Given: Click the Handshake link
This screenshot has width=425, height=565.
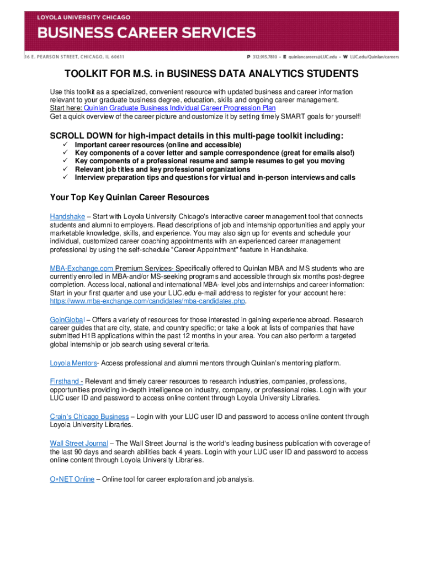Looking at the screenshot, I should tap(66, 217).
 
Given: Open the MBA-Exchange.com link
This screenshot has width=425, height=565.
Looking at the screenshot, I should tap(82, 269).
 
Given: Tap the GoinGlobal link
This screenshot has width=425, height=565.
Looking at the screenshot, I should tap(66, 319).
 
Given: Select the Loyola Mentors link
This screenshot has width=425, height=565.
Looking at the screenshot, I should tap(73, 363).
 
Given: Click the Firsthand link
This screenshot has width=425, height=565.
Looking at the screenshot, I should tap(66, 381).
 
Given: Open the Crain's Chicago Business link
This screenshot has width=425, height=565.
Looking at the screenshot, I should tap(89, 417).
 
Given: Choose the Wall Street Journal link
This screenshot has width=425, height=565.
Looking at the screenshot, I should tap(79, 443).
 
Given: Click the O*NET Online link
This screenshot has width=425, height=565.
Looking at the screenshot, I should tap(72, 479).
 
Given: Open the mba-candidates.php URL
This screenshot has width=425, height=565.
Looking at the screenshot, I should tap(147, 302).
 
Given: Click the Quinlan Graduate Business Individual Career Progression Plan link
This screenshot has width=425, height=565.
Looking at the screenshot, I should tap(179, 109).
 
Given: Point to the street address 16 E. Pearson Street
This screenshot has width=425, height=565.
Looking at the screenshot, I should tap(74, 56).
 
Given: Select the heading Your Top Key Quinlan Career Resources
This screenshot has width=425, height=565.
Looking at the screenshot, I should tap(130, 197).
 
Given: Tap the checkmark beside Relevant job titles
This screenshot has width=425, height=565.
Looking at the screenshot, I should tap(65, 169).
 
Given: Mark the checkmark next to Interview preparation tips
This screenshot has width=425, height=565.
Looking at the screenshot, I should tap(65, 178).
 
